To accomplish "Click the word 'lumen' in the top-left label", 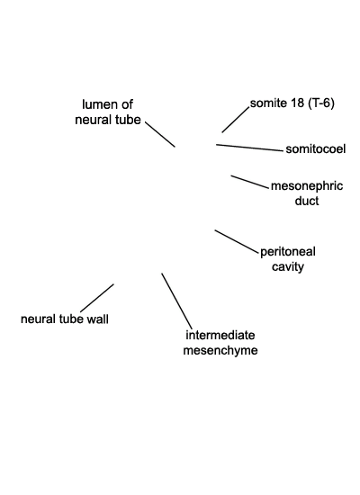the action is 100,104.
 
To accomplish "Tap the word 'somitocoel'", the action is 316,149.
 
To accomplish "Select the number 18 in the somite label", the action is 298,103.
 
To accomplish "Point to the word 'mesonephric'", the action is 307,186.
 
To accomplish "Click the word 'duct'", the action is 307,201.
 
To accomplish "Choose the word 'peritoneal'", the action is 288,252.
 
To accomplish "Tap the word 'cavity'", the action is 288,266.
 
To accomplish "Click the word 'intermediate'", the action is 220,336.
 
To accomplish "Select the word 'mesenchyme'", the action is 220,350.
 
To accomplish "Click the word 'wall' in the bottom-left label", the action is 97,319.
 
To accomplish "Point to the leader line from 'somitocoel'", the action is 250,148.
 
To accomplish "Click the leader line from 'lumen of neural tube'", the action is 160,134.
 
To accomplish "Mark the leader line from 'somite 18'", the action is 236,120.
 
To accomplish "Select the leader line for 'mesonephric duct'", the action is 249,182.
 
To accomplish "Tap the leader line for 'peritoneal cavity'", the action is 237,241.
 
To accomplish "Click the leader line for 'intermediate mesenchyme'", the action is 176,301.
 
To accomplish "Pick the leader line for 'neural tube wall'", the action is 97,298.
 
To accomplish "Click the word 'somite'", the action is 269,103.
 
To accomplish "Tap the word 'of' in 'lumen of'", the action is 127,104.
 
